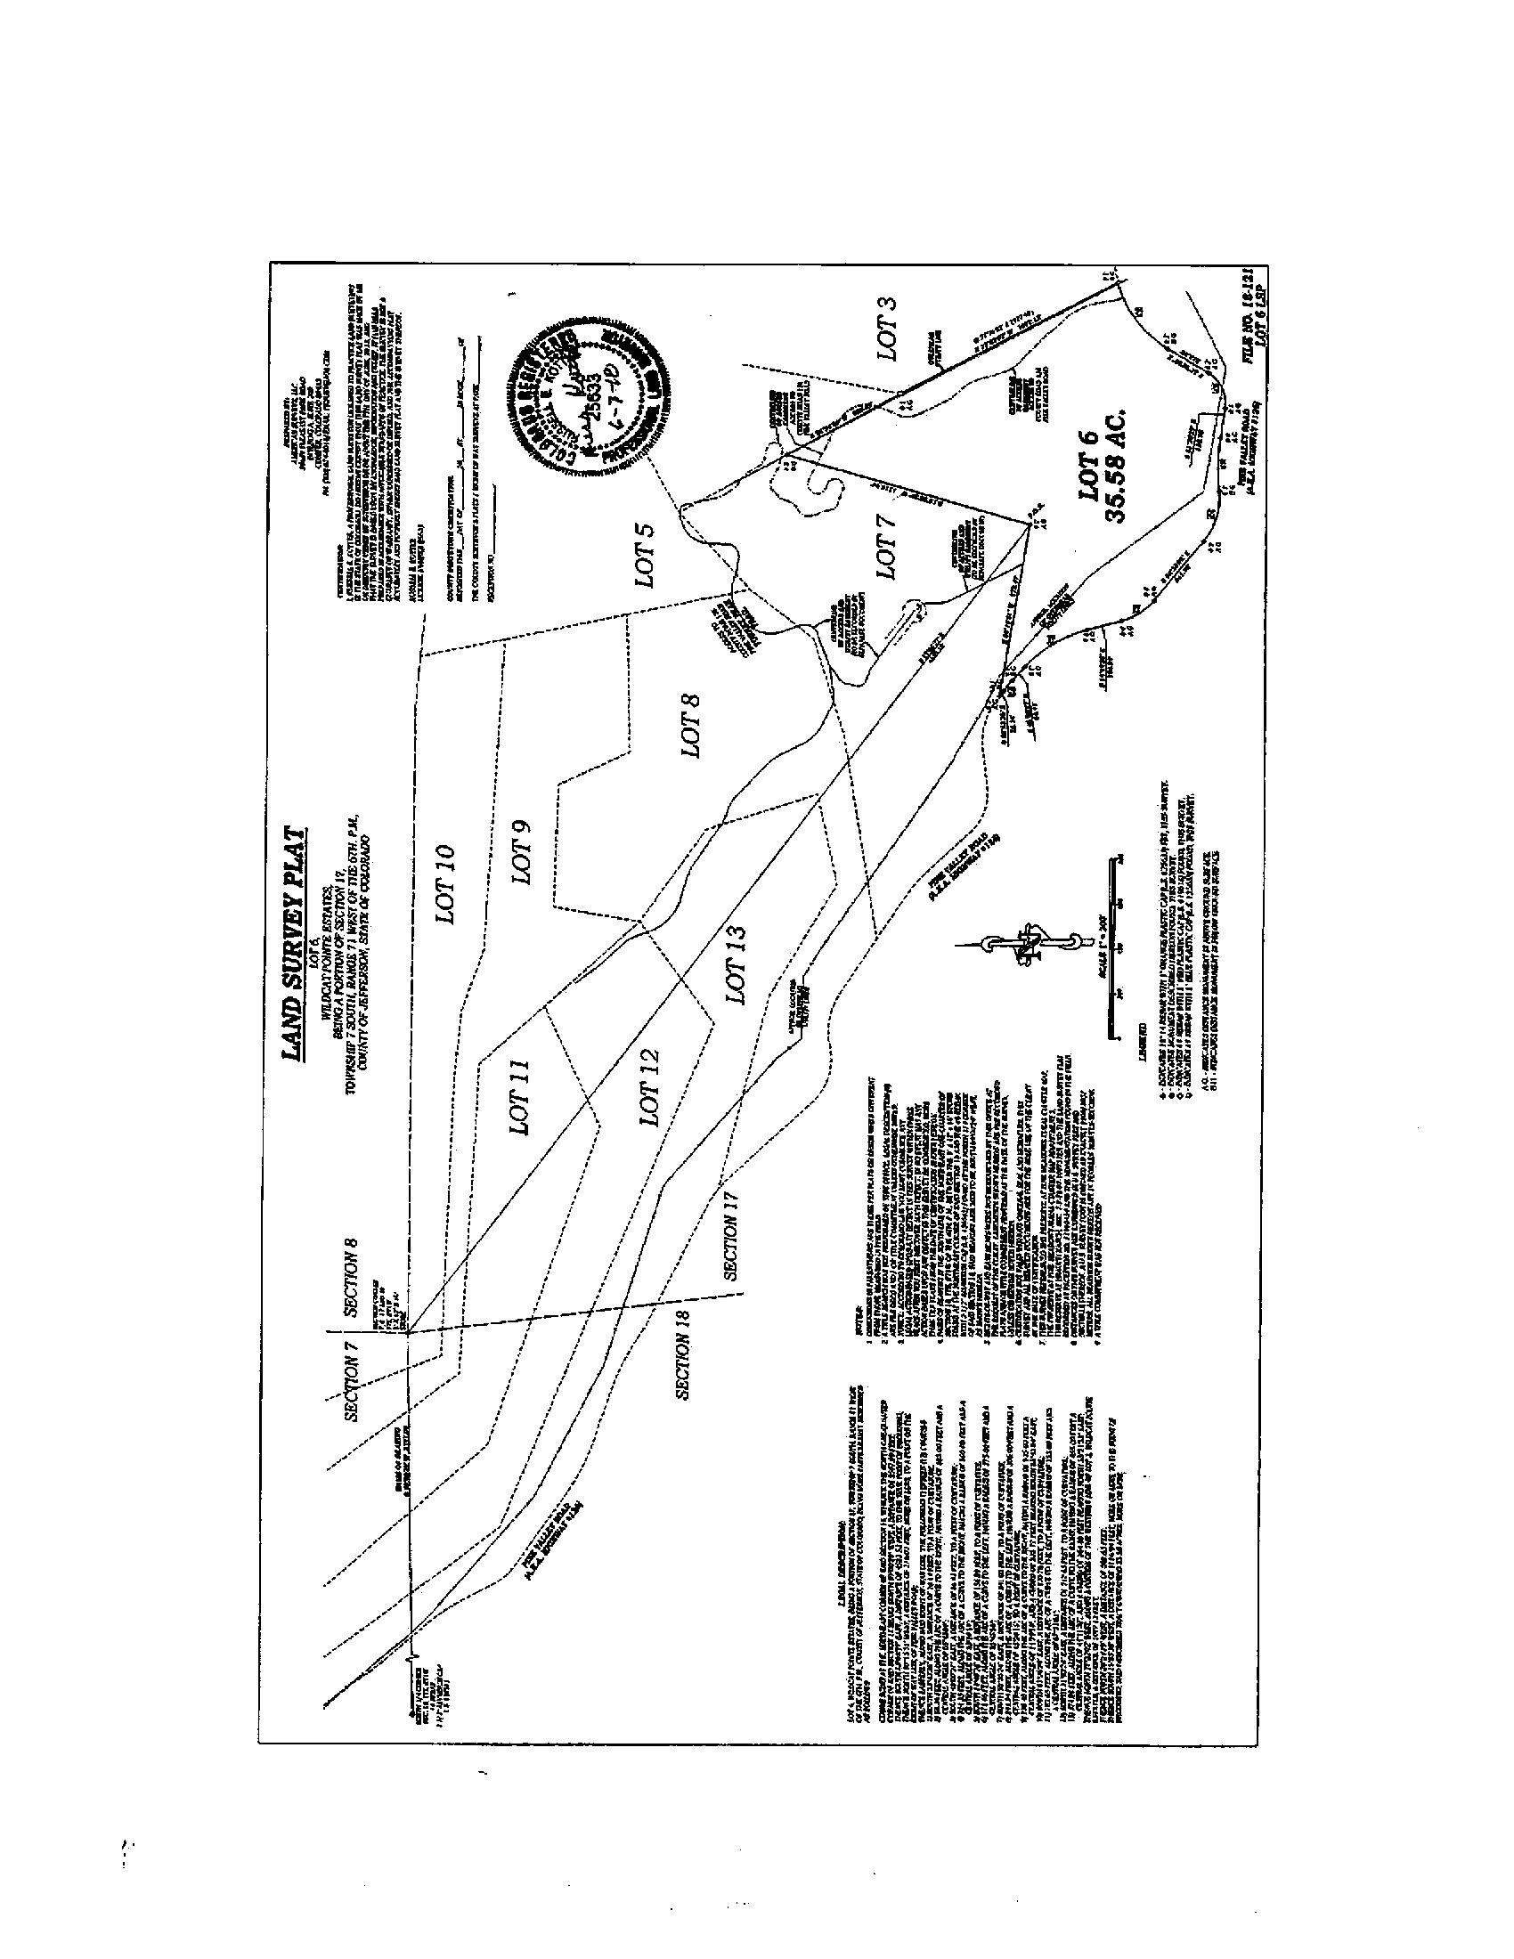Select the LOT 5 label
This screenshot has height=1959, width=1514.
tap(646, 557)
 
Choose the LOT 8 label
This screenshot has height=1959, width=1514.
tap(691, 726)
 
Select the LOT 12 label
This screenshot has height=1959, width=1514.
tap(649, 1086)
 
